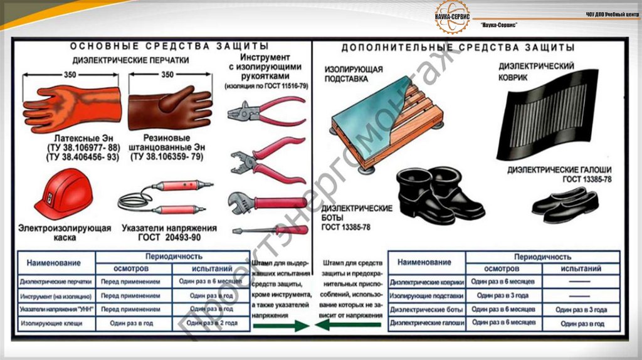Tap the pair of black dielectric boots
pyautogui.click(x=439, y=194)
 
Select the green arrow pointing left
pyautogui.click(x=348, y=325)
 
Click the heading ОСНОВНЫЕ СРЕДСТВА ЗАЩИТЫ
pyautogui.click(x=169, y=46)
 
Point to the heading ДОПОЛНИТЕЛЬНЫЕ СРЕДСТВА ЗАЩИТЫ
pyautogui.click(x=458, y=48)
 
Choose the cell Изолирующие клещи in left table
pyautogui.click(x=56, y=323)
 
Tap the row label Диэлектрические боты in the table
pyautogui.click(x=426, y=309)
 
